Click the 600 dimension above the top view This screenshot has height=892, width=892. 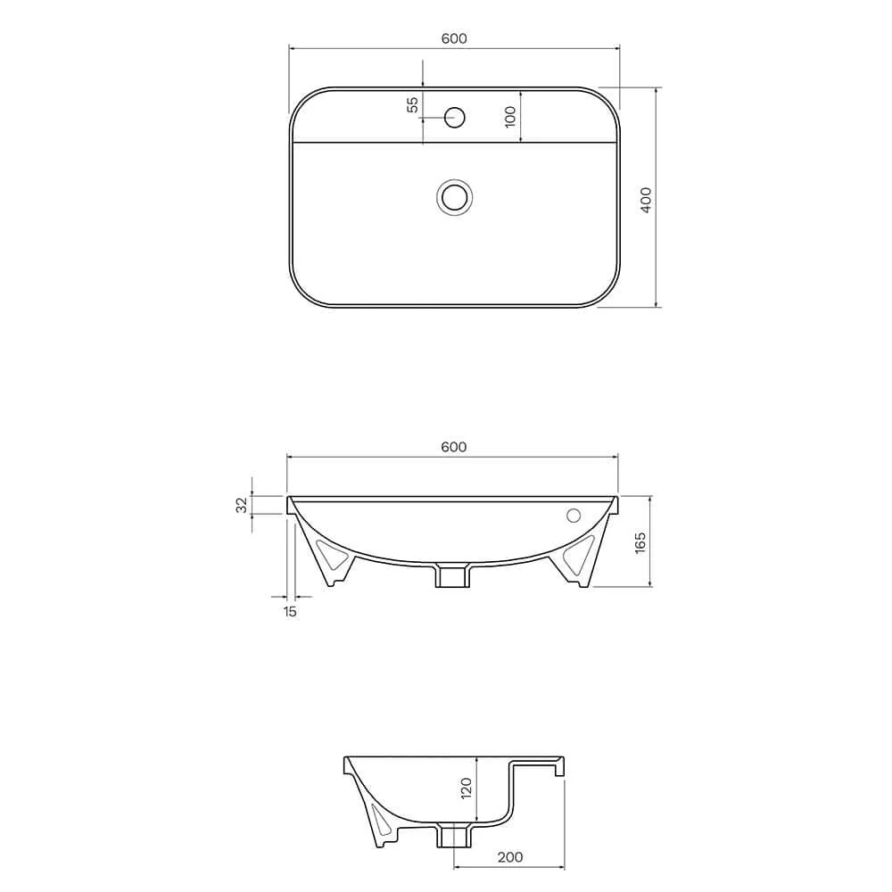454,38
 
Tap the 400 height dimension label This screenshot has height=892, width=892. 646,200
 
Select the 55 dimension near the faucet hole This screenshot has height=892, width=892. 412,104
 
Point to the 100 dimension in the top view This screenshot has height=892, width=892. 509,116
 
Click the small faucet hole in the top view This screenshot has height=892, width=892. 455,118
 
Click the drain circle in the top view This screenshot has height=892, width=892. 455,197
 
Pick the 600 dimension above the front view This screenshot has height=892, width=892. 454,447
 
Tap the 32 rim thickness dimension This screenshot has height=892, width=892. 243,505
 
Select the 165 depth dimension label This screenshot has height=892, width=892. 640,543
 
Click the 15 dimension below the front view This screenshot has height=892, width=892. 290,612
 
